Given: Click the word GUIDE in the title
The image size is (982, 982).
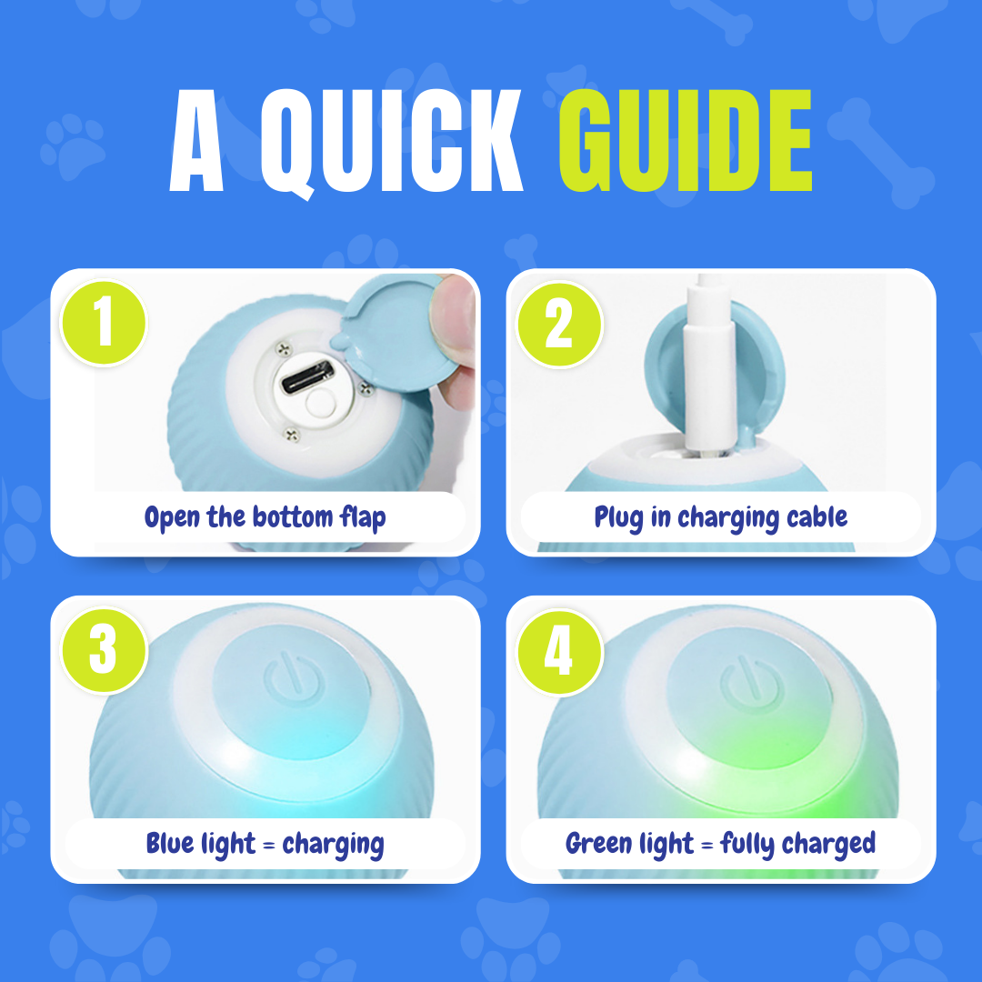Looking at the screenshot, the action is (x=686, y=140).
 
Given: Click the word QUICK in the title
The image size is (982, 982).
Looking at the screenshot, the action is (x=391, y=143).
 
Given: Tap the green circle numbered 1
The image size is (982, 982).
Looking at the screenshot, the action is (x=104, y=323).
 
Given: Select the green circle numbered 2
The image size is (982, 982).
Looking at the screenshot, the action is (x=559, y=324).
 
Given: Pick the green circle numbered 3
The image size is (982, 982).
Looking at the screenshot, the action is (x=104, y=650).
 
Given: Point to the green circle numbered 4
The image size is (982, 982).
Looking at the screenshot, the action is (x=559, y=651).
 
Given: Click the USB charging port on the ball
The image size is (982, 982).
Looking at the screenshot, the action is (x=306, y=376).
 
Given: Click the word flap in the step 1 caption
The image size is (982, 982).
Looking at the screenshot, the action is (x=363, y=518).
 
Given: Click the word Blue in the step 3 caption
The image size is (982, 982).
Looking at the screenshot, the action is (x=170, y=843).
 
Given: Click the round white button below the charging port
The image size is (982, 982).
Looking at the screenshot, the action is (x=321, y=403).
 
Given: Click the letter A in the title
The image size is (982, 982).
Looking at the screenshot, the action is (x=196, y=140).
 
